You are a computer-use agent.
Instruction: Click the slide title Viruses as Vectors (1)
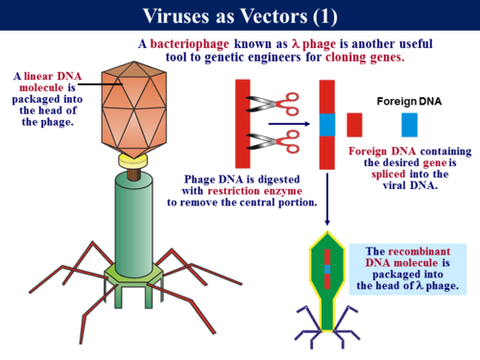[239, 15]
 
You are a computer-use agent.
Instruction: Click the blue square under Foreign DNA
[410, 124]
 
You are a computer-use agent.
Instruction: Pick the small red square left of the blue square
[354, 124]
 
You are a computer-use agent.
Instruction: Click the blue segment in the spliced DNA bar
[326, 124]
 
